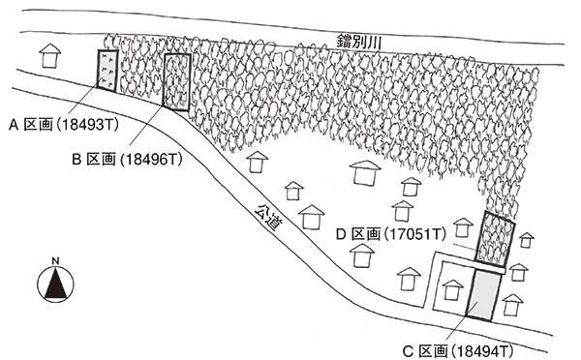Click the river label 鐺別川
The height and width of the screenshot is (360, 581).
tap(359, 42)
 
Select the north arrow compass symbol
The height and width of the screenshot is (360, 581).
tap(55, 285)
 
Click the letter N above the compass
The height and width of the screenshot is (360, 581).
tap(55, 261)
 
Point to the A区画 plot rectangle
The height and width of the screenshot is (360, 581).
tap(107, 71)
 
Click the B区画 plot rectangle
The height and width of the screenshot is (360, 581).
tap(177, 82)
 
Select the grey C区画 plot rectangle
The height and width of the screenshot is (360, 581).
tap(483, 295)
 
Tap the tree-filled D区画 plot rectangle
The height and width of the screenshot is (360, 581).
tap(495, 238)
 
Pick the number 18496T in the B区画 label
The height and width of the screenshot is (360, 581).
tap(152, 160)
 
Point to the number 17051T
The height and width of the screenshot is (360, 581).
tap(416, 234)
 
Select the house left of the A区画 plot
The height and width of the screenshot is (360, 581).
tap(50, 56)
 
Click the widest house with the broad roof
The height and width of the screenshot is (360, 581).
tap(365, 172)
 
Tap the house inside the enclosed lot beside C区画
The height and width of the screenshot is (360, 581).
tap(452, 289)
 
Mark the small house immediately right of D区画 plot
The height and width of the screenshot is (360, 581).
tap(526, 240)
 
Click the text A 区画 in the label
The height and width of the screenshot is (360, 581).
tap(31, 125)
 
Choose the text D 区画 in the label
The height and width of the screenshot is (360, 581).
tap(358, 234)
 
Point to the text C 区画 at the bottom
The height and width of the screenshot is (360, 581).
tap(425, 350)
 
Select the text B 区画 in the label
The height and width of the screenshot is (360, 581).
tap(94, 160)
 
